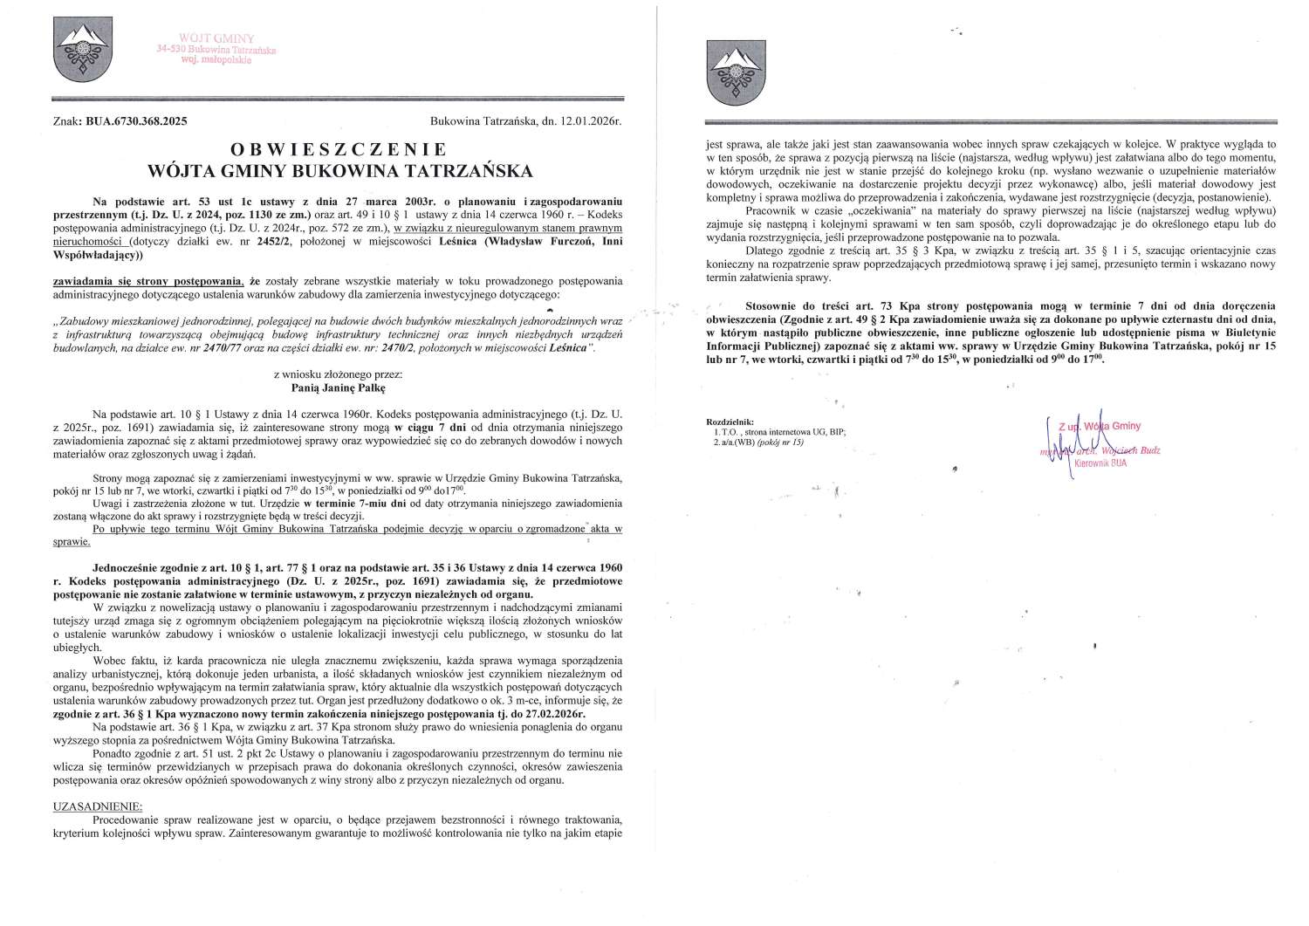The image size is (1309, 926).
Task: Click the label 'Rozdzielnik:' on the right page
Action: pyautogui.click(x=733, y=422)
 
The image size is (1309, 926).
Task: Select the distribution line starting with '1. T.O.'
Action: pyautogui.click(x=778, y=431)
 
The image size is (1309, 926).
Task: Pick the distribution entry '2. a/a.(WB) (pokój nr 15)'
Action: pyautogui.click(x=757, y=442)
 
